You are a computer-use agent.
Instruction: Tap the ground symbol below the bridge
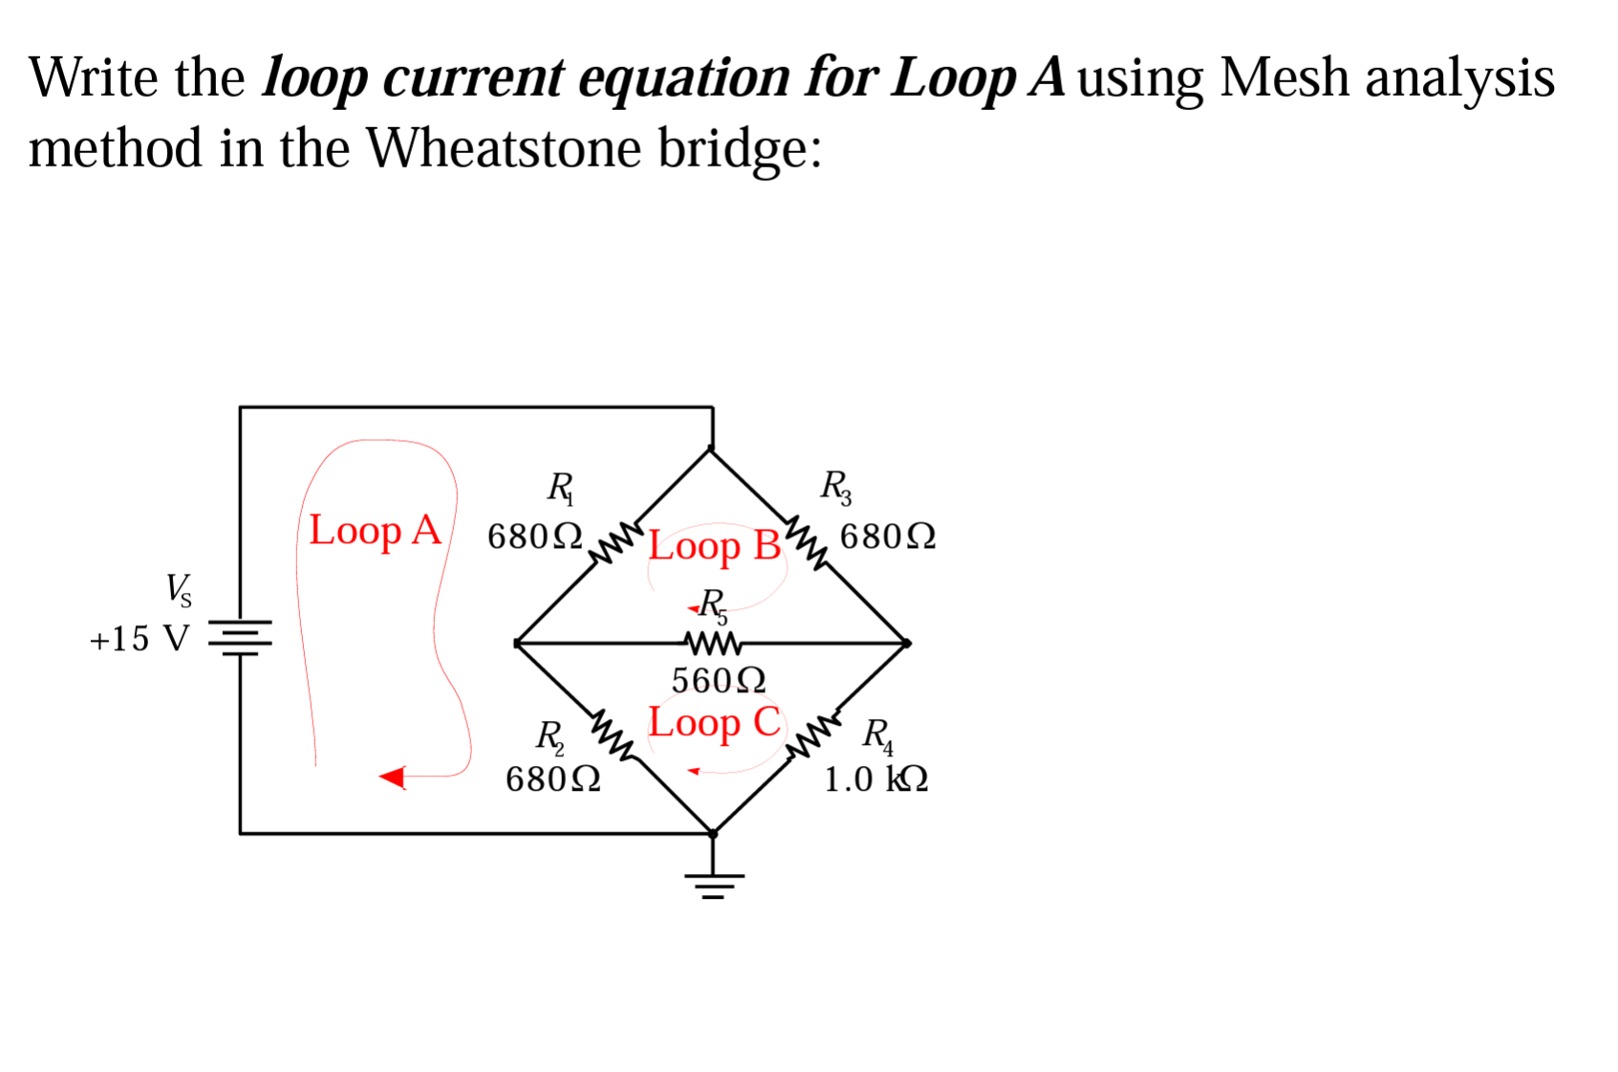714,886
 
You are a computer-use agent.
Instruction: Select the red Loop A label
375,531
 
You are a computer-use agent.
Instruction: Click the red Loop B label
714,546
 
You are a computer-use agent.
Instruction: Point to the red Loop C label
714,723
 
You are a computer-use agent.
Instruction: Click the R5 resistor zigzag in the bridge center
712,643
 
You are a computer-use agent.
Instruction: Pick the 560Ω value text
718,681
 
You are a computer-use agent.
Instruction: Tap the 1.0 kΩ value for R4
875,779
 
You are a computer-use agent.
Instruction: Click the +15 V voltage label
140,639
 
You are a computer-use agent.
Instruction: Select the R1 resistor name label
560,488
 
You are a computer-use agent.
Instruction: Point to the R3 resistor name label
835,487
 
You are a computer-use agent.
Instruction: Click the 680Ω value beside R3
887,536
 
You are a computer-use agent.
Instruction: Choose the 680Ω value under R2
552,779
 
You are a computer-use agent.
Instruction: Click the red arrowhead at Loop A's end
393,777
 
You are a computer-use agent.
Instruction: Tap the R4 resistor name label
876,735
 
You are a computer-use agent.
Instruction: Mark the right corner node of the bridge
906,644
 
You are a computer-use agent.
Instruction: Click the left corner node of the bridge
517,644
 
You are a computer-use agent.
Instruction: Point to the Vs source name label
178,589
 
